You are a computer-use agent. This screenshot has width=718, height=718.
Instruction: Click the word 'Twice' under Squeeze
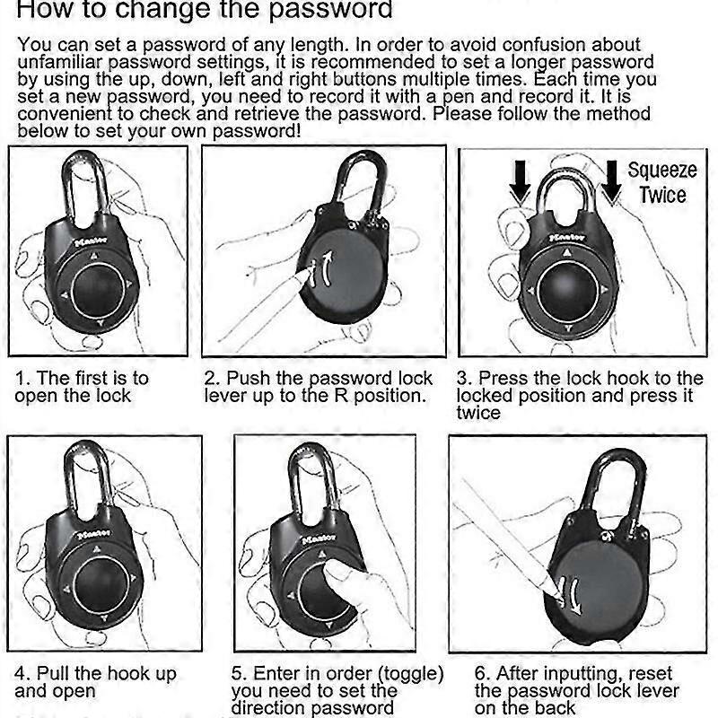pos(663,195)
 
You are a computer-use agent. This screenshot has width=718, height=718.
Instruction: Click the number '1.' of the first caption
pos(23,378)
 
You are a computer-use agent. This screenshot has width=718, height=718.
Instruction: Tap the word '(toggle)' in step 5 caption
pos(410,674)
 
